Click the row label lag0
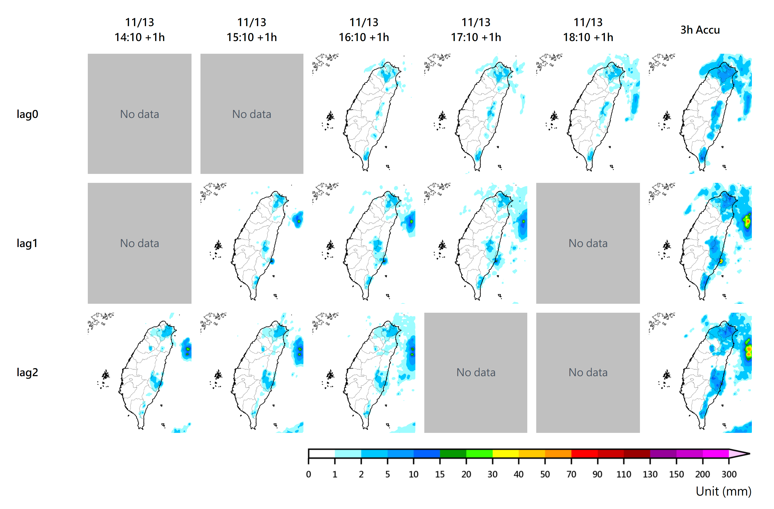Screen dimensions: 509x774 point(27,114)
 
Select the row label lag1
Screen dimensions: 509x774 point(27,243)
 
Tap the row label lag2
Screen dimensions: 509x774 point(27,372)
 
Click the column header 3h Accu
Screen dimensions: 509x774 point(700,30)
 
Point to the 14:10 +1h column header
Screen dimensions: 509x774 point(140,30)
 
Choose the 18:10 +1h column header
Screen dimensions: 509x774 point(588,30)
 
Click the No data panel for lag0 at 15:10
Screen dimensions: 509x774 point(252,114)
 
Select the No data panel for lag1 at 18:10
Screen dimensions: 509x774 point(588,243)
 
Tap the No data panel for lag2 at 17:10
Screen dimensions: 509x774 point(476,372)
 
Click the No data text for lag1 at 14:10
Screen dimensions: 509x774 point(140,243)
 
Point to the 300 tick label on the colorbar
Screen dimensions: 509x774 point(729,474)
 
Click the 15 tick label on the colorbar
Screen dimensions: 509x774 point(440,474)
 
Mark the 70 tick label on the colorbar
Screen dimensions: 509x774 point(571,474)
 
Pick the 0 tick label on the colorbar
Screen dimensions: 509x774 point(308,474)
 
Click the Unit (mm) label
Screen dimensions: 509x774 point(723,491)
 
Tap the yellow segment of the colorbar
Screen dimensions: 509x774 point(505,453)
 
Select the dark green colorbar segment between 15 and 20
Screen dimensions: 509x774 point(453,453)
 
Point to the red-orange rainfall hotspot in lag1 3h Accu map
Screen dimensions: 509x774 point(748,221)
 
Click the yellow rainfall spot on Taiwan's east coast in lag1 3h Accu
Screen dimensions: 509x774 point(721,261)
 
